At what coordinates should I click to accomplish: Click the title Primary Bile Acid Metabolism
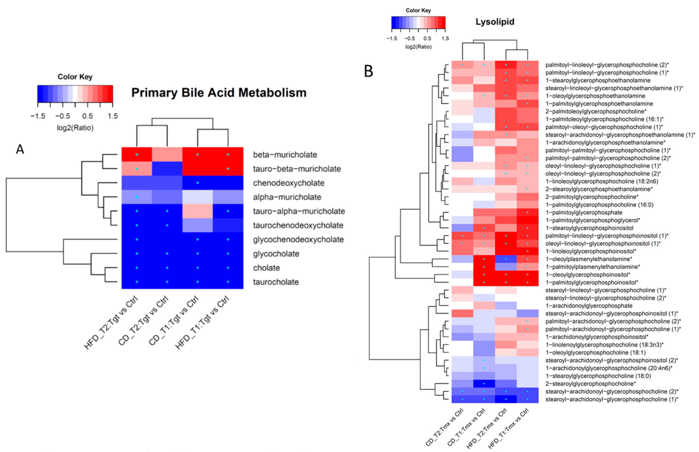click(219, 93)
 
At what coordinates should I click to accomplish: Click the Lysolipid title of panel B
click(495, 22)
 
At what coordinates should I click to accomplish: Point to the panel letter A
click(20, 149)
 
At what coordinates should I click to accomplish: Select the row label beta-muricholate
click(285, 155)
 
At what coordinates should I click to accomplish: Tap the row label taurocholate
click(276, 282)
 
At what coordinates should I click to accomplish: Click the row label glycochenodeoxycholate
click(298, 240)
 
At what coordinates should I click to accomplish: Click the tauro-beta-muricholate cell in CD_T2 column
click(167, 169)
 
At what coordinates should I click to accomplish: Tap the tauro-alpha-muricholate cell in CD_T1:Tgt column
click(197, 211)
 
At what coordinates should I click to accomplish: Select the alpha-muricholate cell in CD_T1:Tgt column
click(197, 197)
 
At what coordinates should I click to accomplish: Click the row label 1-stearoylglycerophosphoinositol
click(589, 228)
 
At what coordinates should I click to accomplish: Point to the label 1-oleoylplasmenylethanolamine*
click(589, 259)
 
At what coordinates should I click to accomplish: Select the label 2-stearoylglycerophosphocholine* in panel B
click(590, 384)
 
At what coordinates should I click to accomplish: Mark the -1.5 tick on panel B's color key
click(392, 38)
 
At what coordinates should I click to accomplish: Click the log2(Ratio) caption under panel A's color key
click(75, 128)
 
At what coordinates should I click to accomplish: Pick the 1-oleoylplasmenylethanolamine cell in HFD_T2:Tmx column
click(506, 259)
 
